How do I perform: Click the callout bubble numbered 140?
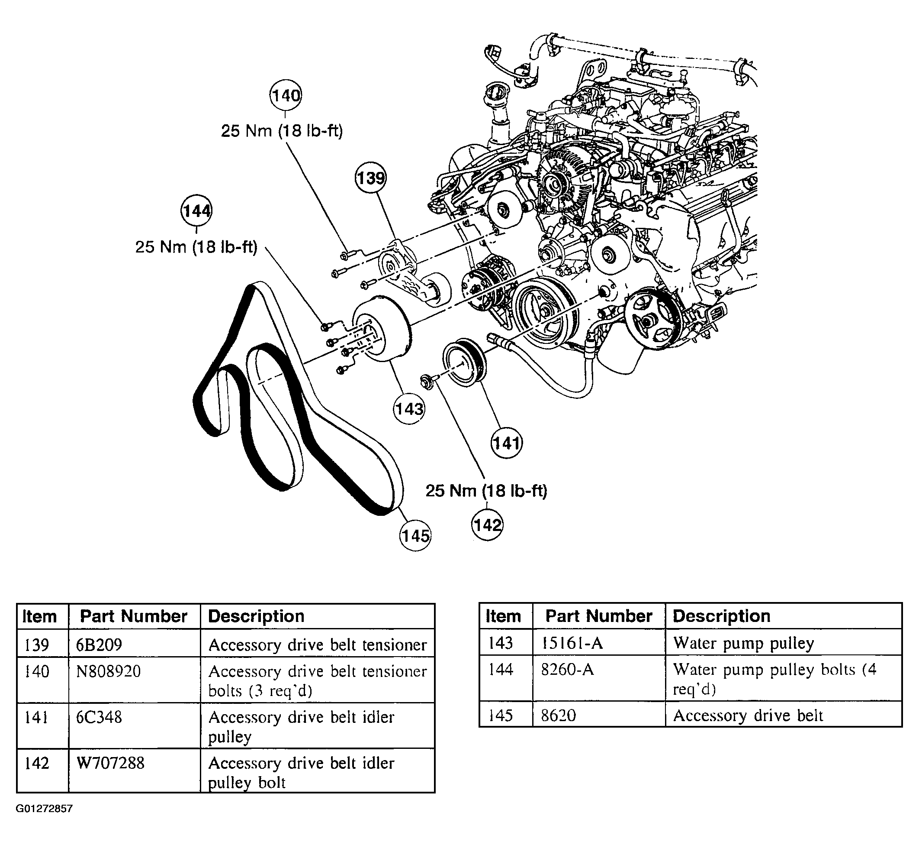(286, 95)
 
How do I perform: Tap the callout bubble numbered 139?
(370, 178)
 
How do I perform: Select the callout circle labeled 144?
(196, 211)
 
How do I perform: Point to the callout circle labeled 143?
(409, 408)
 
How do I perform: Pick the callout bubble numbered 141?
(507, 443)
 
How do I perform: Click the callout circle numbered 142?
(487, 524)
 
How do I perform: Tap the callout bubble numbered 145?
(415, 535)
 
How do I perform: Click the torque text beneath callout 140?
(282, 131)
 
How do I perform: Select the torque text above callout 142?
(486, 491)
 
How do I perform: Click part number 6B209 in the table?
(99, 644)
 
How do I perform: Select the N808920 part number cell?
(108, 671)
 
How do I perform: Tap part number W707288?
(110, 763)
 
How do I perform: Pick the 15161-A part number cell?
(572, 643)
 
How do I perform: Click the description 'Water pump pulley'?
(744, 643)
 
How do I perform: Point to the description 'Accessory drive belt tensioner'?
(318, 645)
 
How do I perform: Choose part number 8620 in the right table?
(558, 715)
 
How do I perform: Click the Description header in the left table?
(256, 616)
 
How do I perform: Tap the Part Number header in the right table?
(599, 616)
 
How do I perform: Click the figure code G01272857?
(44, 809)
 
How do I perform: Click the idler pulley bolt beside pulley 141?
(429, 381)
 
